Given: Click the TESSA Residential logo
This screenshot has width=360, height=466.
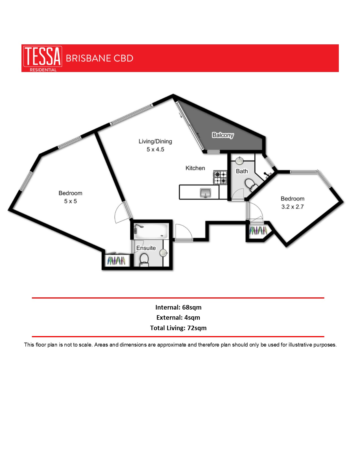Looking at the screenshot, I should coord(42,58).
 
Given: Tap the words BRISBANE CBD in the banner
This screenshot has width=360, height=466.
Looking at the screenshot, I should coord(99,58).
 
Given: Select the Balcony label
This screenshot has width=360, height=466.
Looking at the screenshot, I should coord(223,135).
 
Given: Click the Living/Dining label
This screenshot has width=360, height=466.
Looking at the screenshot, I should coord(155,141).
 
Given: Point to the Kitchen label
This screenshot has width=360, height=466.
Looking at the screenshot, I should coord(195,168).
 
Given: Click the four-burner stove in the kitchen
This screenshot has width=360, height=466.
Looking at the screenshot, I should coord(220,178).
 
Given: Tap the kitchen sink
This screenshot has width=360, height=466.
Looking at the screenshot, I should coord(205,193).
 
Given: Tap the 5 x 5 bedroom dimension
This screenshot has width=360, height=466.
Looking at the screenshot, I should coord(70,201).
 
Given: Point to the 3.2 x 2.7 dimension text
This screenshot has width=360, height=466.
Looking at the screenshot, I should coord(292,207).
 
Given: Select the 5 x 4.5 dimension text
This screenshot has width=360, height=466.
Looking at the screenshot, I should coord(155,149).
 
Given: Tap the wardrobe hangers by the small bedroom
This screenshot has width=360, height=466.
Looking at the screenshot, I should coord(258,230).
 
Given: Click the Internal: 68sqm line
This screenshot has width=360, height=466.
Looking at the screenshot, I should coord(178,307).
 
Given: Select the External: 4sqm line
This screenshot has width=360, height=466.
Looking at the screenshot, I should coord(178,317).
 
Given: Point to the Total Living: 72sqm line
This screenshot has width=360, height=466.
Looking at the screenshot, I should coord(178,328).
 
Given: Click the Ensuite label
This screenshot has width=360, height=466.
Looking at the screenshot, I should coord(146,248).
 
